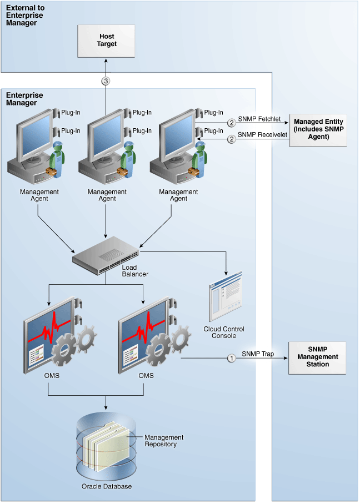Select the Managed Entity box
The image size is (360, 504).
point(318,129)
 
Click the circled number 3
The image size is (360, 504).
point(106,80)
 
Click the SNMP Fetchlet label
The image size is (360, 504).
point(259,119)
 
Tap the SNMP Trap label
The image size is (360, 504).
point(258,354)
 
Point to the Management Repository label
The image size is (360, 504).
point(164,441)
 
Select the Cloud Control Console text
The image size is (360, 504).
point(224,332)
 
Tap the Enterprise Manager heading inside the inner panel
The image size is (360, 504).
point(24,99)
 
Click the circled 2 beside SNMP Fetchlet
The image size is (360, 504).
point(232,123)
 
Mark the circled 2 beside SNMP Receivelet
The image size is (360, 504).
point(232,139)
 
